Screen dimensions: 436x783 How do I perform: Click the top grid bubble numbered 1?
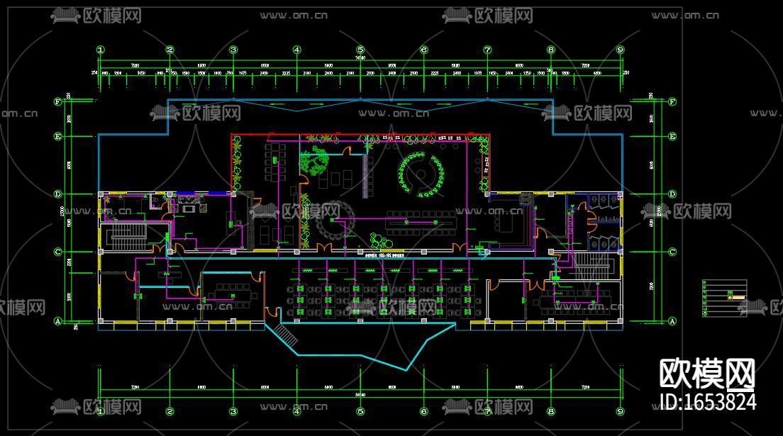tap(101, 50)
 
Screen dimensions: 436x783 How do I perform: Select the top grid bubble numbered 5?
tap(360, 50)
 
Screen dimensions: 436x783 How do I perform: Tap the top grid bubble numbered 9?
tap(620, 50)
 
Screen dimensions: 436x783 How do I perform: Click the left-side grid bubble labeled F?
tap(58, 101)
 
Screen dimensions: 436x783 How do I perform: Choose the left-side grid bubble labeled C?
tap(58, 252)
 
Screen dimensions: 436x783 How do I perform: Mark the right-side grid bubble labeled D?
tap(672, 194)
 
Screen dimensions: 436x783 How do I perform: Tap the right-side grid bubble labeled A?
tap(672, 321)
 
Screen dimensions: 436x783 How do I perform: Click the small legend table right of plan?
tap(725, 297)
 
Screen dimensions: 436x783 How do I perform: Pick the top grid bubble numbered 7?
tap(488, 50)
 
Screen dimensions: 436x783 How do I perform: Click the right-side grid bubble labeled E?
tap(672, 136)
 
